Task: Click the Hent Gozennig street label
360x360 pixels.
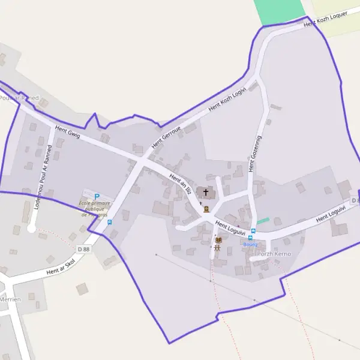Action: (x=256, y=154)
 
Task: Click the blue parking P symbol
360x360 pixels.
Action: (x=97, y=196)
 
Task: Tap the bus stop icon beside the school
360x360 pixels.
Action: (x=109, y=222)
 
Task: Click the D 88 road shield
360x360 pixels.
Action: (x=83, y=248)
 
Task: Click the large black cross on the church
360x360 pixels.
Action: (x=206, y=193)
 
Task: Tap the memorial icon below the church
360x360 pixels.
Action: (x=206, y=209)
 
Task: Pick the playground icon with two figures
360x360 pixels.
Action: (x=218, y=248)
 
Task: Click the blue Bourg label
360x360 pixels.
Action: (x=250, y=244)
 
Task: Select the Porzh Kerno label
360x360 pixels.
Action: (x=274, y=254)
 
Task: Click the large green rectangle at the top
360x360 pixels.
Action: (x=280, y=11)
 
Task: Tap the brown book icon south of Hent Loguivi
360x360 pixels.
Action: (x=218, y=240)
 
